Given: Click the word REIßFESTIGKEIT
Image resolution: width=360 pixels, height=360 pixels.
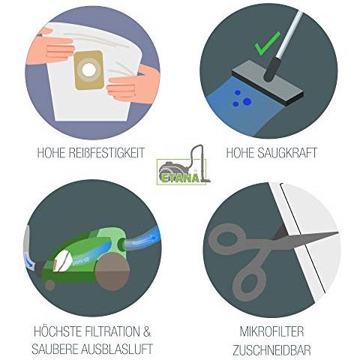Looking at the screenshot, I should tap(107, 152).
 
